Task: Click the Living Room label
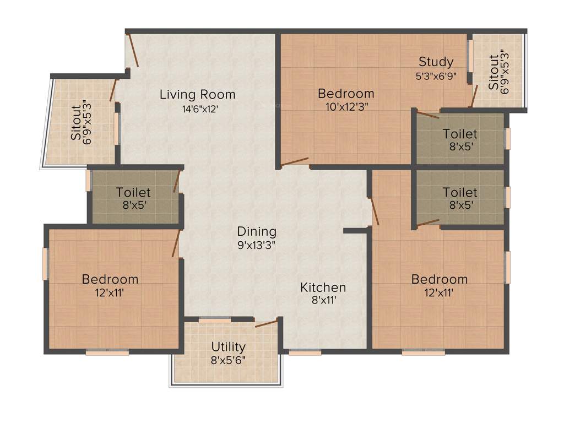point(197,94)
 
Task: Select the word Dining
point(257,231)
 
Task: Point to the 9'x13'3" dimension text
point(257,245)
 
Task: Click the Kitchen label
point(323,287)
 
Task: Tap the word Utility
point(229,347)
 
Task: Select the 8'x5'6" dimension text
point(229,360)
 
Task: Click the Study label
point(436,61)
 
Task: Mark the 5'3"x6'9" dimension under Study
point(436,76)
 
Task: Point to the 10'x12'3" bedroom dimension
point(346,107)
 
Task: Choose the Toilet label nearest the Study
point(460,134)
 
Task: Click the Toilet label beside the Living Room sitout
point(133,192)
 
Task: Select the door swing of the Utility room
point(267,323)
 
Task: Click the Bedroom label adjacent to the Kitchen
point(439,279)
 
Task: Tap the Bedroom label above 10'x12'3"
point(346,94)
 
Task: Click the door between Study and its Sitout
point(473,96)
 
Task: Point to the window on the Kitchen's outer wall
point(301,352)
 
